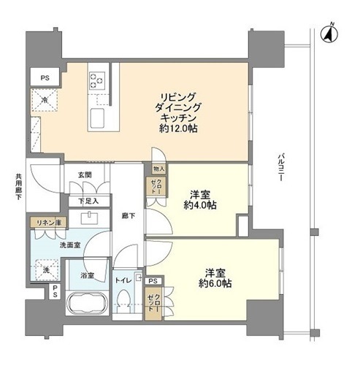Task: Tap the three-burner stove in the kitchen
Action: [97, 80]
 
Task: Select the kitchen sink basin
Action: [97, 118]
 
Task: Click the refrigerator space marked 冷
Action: [45, 100]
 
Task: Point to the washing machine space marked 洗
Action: [47, 270]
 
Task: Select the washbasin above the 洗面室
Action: [89, 218]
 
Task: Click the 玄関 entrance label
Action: [85, 174]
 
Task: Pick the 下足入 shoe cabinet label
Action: [89, 201]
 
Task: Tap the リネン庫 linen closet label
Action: [49, 223]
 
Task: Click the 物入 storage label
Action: [159, 169]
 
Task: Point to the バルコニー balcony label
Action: [280, 167]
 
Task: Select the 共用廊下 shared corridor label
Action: [18, 186]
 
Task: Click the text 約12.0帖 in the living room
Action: [178, 128]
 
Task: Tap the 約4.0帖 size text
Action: [200, 205]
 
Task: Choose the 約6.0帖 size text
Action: [215, 283]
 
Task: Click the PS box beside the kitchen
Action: [45, 77]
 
